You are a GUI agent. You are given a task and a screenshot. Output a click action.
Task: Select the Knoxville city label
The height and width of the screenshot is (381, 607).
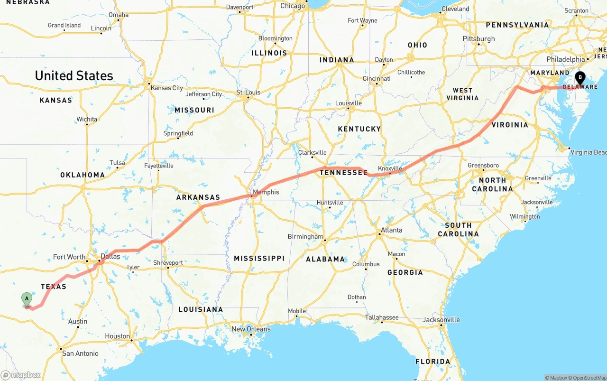(x=390, y=168)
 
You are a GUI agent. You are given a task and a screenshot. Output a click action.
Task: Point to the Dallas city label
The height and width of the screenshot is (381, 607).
(x=110, y=256)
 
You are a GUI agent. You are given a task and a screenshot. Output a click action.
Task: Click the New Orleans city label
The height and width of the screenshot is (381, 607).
(x=251, y=329)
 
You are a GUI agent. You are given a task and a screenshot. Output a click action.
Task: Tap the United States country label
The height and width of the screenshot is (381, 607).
(x=74, y=75)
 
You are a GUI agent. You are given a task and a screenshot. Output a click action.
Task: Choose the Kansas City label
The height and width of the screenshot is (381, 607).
(x=166, y=88)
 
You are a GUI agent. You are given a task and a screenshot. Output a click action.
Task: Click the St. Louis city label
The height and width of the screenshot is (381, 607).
(x=248, y=92)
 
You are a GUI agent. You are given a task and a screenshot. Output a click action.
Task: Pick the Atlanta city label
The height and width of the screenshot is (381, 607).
(x=391, y=230)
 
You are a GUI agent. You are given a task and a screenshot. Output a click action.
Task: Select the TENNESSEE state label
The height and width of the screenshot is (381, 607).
(x=343, y=173)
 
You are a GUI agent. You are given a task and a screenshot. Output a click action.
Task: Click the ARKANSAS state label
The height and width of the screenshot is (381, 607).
(x=198, y=197)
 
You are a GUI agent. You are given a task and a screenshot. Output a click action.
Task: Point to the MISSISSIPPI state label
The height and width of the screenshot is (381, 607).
(x=259, y=258)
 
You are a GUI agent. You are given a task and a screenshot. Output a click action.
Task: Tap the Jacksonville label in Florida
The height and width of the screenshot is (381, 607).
(x=441, y=319)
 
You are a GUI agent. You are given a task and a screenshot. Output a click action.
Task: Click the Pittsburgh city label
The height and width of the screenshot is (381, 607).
(x=479, y=39)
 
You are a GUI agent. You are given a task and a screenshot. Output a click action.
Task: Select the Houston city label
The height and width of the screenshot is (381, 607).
(x=117, y=336)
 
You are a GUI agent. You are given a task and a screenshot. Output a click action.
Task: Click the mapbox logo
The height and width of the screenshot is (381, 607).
(x=21, y=375)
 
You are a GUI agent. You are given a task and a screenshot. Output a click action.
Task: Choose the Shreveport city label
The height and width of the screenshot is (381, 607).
(x=168, y=262)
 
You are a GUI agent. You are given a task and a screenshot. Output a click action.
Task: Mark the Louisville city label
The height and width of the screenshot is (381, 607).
(x=349, y=103)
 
